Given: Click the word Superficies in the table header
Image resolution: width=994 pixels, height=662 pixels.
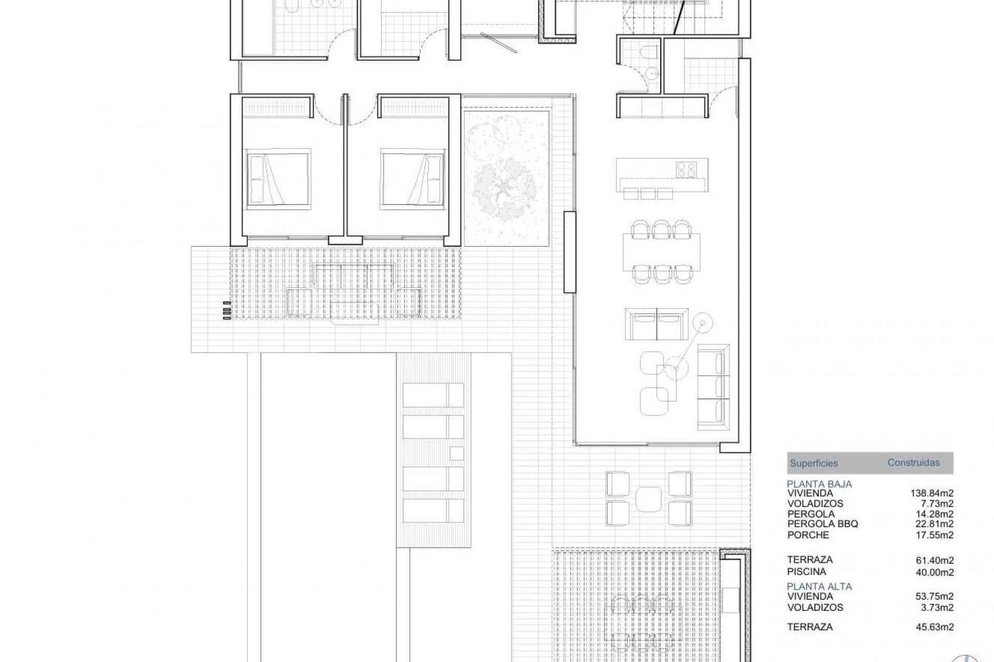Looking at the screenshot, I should click(813, 463).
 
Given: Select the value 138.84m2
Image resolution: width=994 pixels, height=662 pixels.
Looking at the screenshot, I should click(932, 493).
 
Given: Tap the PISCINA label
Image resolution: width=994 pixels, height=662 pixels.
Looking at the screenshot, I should click(807, 571).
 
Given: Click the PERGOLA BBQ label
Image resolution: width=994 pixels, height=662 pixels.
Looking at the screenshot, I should click(823, 524).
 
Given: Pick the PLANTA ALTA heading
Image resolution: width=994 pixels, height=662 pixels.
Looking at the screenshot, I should click(819, 586).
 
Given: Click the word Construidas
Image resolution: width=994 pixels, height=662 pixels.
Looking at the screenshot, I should click(913, 463).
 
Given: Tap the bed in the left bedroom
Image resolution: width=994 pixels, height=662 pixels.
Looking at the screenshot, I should click(279, 179).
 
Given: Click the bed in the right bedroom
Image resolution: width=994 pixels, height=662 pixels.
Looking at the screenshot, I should click(413, 179).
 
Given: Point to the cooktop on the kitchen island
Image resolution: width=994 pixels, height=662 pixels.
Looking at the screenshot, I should click(686, 169).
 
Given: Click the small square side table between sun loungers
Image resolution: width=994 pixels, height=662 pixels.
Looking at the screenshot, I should click(456, 453).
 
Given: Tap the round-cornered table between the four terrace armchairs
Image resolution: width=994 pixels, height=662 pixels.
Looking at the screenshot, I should click(648, 499).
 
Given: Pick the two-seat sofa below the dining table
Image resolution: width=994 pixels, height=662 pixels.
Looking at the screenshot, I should click(656, 324).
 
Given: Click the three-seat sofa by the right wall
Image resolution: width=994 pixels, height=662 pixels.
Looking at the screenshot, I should click(713, 387).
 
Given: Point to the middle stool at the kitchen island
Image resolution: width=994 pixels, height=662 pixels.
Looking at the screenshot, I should click(648, 193).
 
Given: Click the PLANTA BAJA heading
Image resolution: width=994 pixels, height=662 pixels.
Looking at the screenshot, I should click(819, 484).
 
